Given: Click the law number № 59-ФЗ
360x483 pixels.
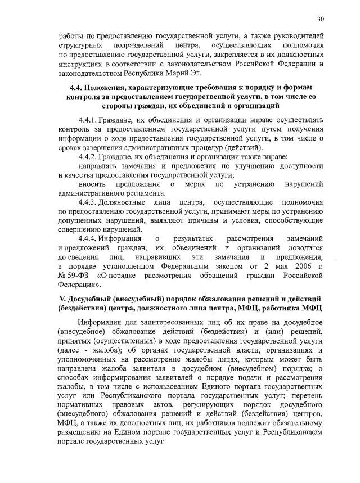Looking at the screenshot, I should point(75,276).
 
